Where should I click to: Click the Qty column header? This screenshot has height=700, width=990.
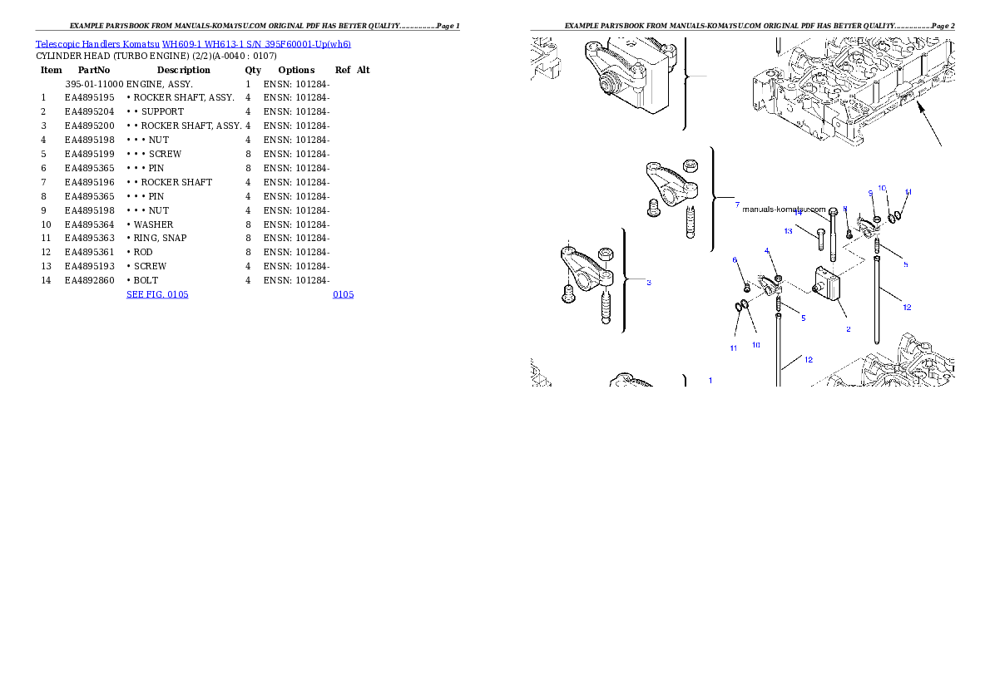click(x=253, y=70)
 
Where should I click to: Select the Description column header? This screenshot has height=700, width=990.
click(x=184, y=70)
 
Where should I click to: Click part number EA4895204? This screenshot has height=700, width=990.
click(x=90, y=111)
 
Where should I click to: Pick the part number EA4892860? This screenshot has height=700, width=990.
click(x=90, y=280)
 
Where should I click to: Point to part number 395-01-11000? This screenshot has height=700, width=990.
click(x=94, y=84)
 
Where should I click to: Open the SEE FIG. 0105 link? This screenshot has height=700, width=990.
click(x=157, y=294)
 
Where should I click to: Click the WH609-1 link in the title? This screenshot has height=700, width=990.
click(x=182, y=44)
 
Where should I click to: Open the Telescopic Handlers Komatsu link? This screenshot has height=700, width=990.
click(x=97, y=44)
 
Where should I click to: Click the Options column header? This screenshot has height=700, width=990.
click(x=296, y=70)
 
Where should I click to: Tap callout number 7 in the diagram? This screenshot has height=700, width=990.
click(x=737, y=205)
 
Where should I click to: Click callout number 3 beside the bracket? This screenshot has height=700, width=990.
click(x=649, y=282)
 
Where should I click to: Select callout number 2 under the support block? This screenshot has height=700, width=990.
click(x=848, y=329)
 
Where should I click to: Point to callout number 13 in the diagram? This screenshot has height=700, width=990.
click(x=788, y=231)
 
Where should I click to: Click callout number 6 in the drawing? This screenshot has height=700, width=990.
click(x=735, y=260)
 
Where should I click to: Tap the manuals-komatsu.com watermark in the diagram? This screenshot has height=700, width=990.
click(x=785, y=209)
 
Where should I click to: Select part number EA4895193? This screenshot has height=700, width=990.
click(x=90, y=266)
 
